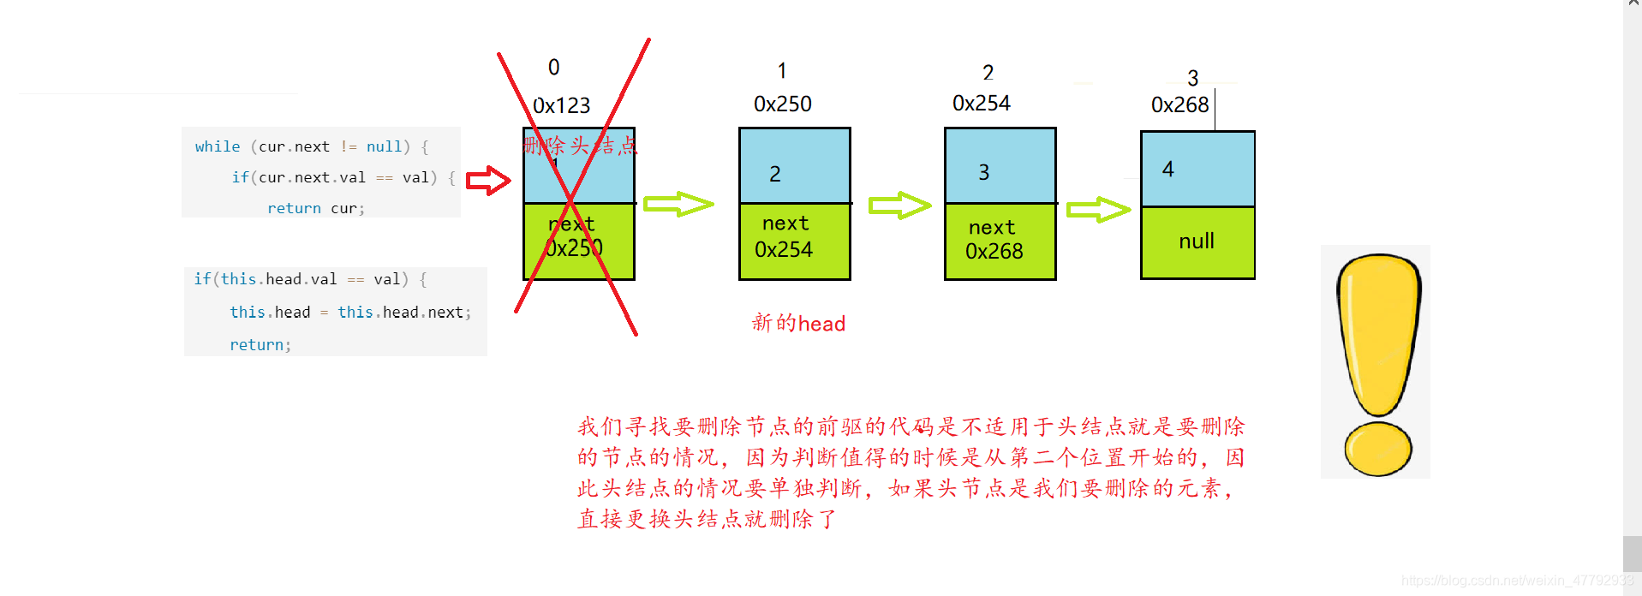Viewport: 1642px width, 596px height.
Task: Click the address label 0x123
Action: click(x=561, y=105)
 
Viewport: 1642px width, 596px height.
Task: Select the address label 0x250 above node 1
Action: click(x=782, y=104)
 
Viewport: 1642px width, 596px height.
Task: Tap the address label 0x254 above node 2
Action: click(x=981, y=104)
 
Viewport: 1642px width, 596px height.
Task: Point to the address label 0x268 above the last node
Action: click(x=1179, y=105)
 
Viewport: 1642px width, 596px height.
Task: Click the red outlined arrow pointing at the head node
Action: click(x=488, y=181)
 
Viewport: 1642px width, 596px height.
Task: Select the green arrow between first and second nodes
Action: click(x=678, y=204)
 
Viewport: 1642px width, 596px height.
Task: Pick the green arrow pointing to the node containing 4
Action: click(x=1097, y=210)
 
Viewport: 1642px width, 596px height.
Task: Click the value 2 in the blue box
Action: click(x=774, y=175)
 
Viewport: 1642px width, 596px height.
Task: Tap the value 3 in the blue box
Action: click(x=983, y=173)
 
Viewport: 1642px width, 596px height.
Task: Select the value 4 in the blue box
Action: click(x=1167, y=170)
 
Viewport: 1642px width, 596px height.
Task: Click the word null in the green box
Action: click(x=1196, y=241)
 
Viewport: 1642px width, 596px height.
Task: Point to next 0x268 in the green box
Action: click(x=994, y=240)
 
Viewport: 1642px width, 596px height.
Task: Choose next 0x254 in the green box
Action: click(x=784, y=237)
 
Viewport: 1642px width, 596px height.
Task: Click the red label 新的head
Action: click(x=798, y=324)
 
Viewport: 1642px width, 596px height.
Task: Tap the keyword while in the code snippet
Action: click(x=217, y=146)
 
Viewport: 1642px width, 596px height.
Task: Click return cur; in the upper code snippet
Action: click(x=315, y=208)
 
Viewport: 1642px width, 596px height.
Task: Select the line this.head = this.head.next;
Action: click(x=349, y=313)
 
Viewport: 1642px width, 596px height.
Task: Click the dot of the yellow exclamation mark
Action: click(x=1377, y=449)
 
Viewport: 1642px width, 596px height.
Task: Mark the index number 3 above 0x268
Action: click(x=1192, y=79)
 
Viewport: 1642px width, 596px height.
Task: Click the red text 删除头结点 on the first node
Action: click(x=580, y=146)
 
